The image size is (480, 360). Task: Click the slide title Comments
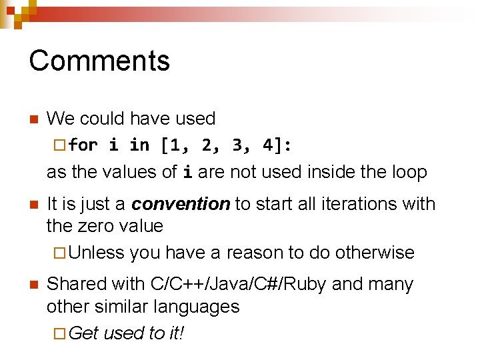(x=99, y=61)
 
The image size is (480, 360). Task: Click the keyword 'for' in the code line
(x=83, y=145)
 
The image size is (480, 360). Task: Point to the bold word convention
(x=181, y=204)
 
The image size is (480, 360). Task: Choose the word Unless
(x=96, y=253)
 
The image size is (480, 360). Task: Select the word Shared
(x=77, y=284)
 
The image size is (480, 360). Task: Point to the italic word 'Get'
(x=83, y=333)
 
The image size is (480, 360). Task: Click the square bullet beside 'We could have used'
(x=33, y=120)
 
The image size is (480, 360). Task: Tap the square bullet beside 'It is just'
(x=33, y=205)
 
